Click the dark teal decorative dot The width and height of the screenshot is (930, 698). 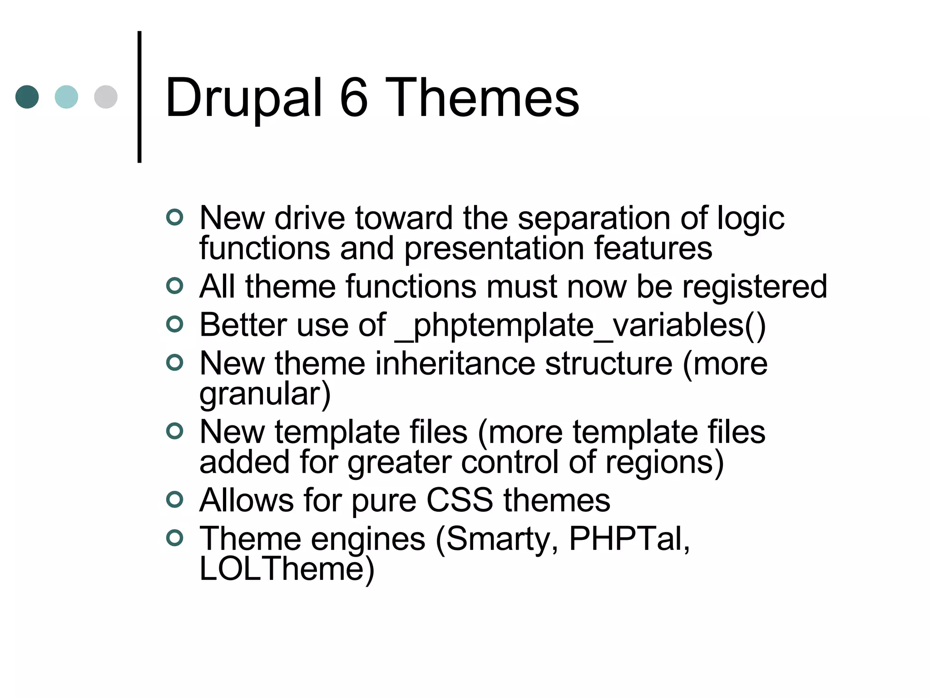click(x=27, y=97)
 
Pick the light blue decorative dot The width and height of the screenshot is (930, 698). click(x=66, y=97)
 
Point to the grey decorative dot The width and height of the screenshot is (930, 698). click(x=106, y=97)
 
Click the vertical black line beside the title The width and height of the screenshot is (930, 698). click(x=139, y=97)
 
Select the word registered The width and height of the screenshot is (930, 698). click(x=754, y=287)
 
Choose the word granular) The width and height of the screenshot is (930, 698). click(x=265, y=394)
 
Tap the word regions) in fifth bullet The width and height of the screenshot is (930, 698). click(x=664, y=462)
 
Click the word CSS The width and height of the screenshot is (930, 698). click(x=460, y=500)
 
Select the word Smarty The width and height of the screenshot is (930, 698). click(x=497, y=539)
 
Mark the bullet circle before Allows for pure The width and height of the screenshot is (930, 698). click(x=174, y=499)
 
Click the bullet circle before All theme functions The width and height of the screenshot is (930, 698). click(x=174, y=286)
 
